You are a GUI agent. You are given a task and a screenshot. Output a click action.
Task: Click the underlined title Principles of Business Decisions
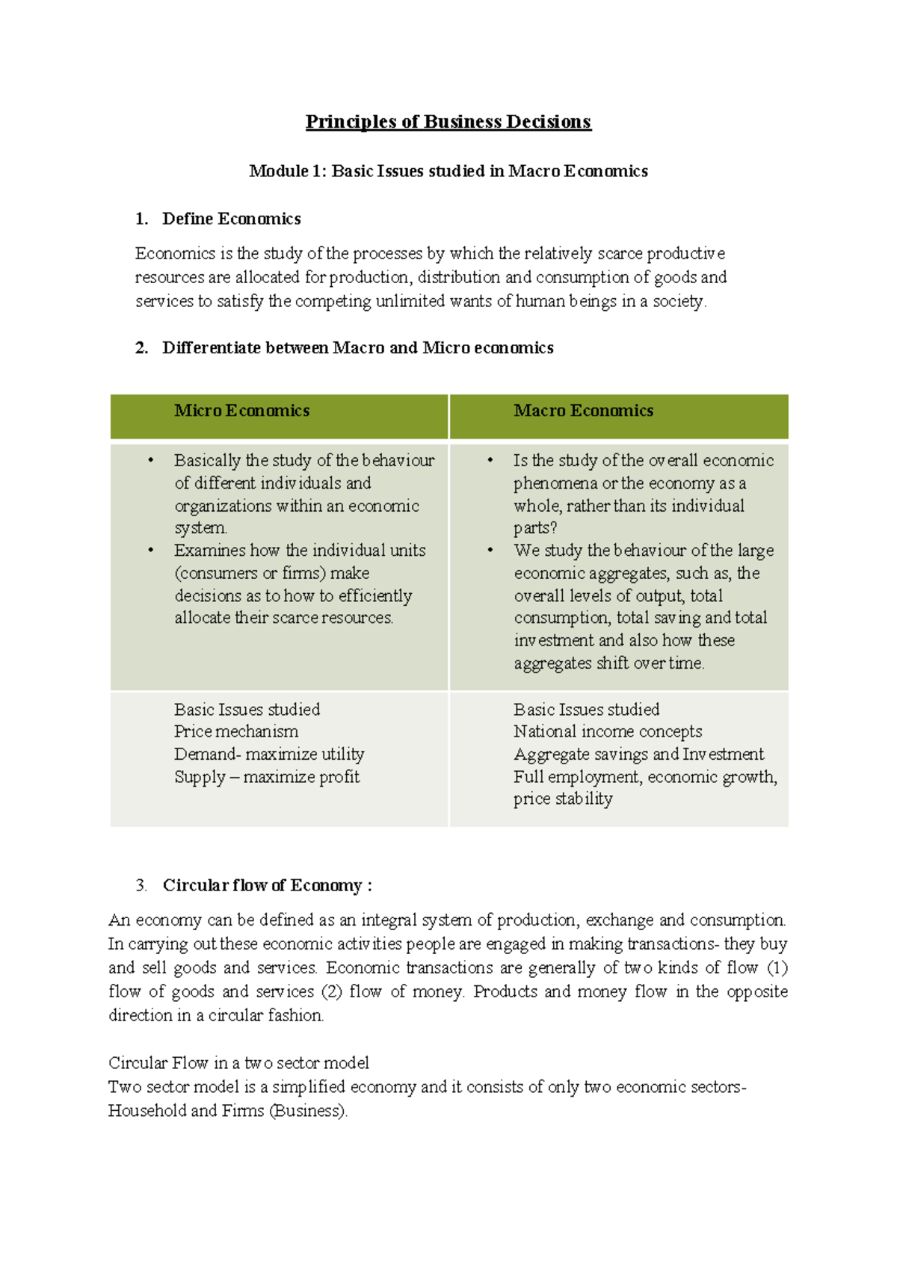tap(448, 122)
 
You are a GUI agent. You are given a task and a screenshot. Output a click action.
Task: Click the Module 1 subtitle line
tap(448, 171)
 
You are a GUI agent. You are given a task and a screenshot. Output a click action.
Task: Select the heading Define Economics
tap(231, 219)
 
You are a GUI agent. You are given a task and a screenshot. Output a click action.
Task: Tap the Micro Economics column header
tap(241, 411)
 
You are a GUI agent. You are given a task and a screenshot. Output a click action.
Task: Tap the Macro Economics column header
tap(583, 411)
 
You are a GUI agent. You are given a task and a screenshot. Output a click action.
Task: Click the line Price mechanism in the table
tap(236, 731)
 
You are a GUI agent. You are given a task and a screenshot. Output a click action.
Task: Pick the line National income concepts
tap(608, 731)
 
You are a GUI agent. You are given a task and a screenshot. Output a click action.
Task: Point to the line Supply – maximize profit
tap(267, 777)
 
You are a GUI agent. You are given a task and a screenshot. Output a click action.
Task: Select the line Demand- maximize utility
tap(269, 754)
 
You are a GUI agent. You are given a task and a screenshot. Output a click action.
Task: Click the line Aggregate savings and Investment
tap(638, 754)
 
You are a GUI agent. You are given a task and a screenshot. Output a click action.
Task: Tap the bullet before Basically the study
tap(151, 461)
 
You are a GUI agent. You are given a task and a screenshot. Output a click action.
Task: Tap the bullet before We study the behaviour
tap(490, 551)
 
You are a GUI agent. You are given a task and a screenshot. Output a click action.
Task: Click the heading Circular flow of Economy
tap(267, 885)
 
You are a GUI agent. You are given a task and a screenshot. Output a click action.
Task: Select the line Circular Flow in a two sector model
tap(238, 1063)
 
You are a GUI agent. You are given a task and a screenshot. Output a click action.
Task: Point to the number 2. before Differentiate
tap(141, 348)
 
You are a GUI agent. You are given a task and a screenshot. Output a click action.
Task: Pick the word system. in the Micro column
tap(200, 528)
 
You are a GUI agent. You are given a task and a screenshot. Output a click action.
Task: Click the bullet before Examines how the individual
tap(151, 551)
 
